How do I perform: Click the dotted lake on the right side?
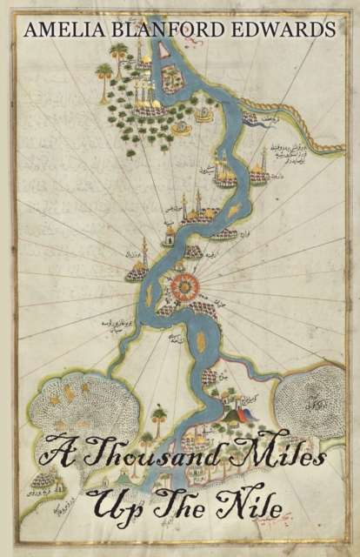317,399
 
